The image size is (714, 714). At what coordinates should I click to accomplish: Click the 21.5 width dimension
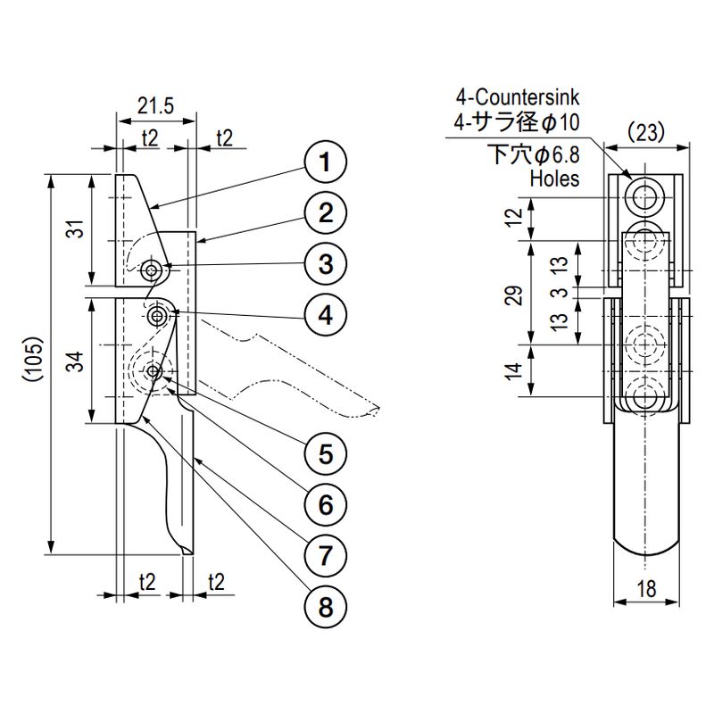(155, 106)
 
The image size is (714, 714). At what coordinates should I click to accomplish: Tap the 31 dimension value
(78, 228)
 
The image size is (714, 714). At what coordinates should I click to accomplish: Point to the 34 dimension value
(78, 361)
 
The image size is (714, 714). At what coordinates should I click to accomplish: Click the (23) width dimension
(646, 133)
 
